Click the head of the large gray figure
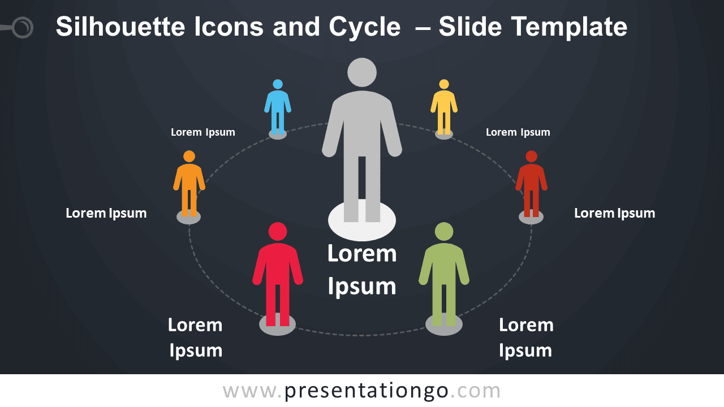(x=362, y=72)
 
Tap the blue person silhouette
(x=278, y=107)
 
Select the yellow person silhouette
(x=444, y=107)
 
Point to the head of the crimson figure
(x=278, y=232)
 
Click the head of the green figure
(x=444, y=232)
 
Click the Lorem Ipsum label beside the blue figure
(x=202, y=132)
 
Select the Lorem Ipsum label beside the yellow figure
(x=518, y=132)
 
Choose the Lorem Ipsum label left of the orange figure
(x=106, y=214)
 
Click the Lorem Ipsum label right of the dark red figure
(x=614, y=214)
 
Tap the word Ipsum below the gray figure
(x=362, y=287)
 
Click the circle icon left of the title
(x=23, y=27)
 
